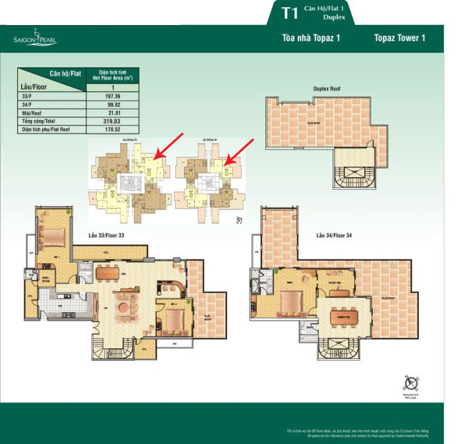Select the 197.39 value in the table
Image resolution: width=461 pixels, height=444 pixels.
pos(112,96)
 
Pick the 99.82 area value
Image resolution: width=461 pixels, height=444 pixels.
pos(112,105)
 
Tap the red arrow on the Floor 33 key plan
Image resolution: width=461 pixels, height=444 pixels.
pos(168,146)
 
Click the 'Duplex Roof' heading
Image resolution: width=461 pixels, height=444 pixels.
pos(327,89)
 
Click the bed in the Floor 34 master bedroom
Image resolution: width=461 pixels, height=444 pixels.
pos(288,303)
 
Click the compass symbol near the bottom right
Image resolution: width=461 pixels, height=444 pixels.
pos(410,383)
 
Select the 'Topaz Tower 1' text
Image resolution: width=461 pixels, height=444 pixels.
pos(399,38)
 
